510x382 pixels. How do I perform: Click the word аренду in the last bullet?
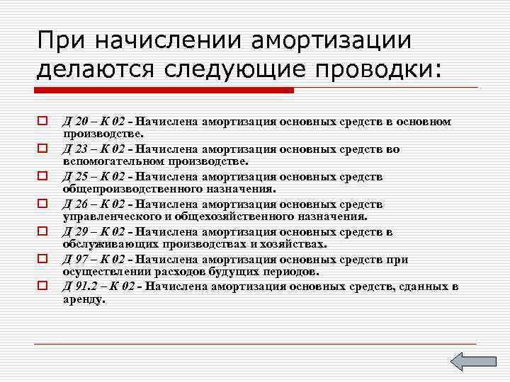(83, 299)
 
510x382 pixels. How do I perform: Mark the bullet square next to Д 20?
(42, 122)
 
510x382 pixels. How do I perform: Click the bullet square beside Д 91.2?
(42, 286)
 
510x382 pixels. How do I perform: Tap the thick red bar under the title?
(164, 91)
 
